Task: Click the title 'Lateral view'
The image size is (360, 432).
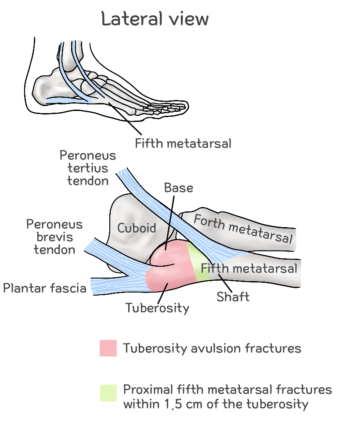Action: [155, 19]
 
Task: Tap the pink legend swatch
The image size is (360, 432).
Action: [108, 348]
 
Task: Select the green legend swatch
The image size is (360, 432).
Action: [108, 393]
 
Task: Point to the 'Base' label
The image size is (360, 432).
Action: [179, 188]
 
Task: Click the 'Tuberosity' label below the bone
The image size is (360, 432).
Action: [157, 307]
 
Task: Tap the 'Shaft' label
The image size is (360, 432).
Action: [233, 297]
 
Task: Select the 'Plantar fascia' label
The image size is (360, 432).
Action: [44, 288]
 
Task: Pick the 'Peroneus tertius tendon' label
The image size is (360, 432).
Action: [88, 168]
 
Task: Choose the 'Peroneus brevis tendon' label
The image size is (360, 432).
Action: [54, 237]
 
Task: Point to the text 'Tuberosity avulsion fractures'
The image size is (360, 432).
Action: [212, 348]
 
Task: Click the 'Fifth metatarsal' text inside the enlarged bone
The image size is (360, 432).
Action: [248, 268]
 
